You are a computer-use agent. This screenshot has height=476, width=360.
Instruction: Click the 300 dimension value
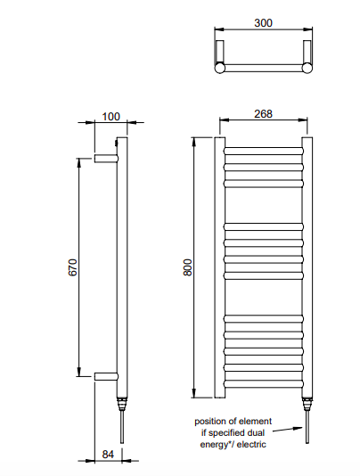click(x=263, y=23)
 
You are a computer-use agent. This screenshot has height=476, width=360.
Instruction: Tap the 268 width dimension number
click(x=263, y=114)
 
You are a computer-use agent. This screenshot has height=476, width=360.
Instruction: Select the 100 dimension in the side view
click(x=110, y=117)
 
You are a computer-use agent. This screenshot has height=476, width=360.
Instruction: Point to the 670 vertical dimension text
click(x=73, y=267)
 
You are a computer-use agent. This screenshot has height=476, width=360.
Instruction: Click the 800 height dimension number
click(x=188, y=267)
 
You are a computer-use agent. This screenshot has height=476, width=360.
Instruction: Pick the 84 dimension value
click(x=108, y=455)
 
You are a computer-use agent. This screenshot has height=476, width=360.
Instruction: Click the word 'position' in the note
click(x=210, y=422)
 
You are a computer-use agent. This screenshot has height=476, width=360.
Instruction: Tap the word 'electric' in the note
click(x=251, y=445)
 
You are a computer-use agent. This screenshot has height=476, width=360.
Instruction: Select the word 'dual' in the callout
click(x=257, y=432)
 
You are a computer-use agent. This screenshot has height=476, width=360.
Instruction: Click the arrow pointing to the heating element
click(x=288, y=430)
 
